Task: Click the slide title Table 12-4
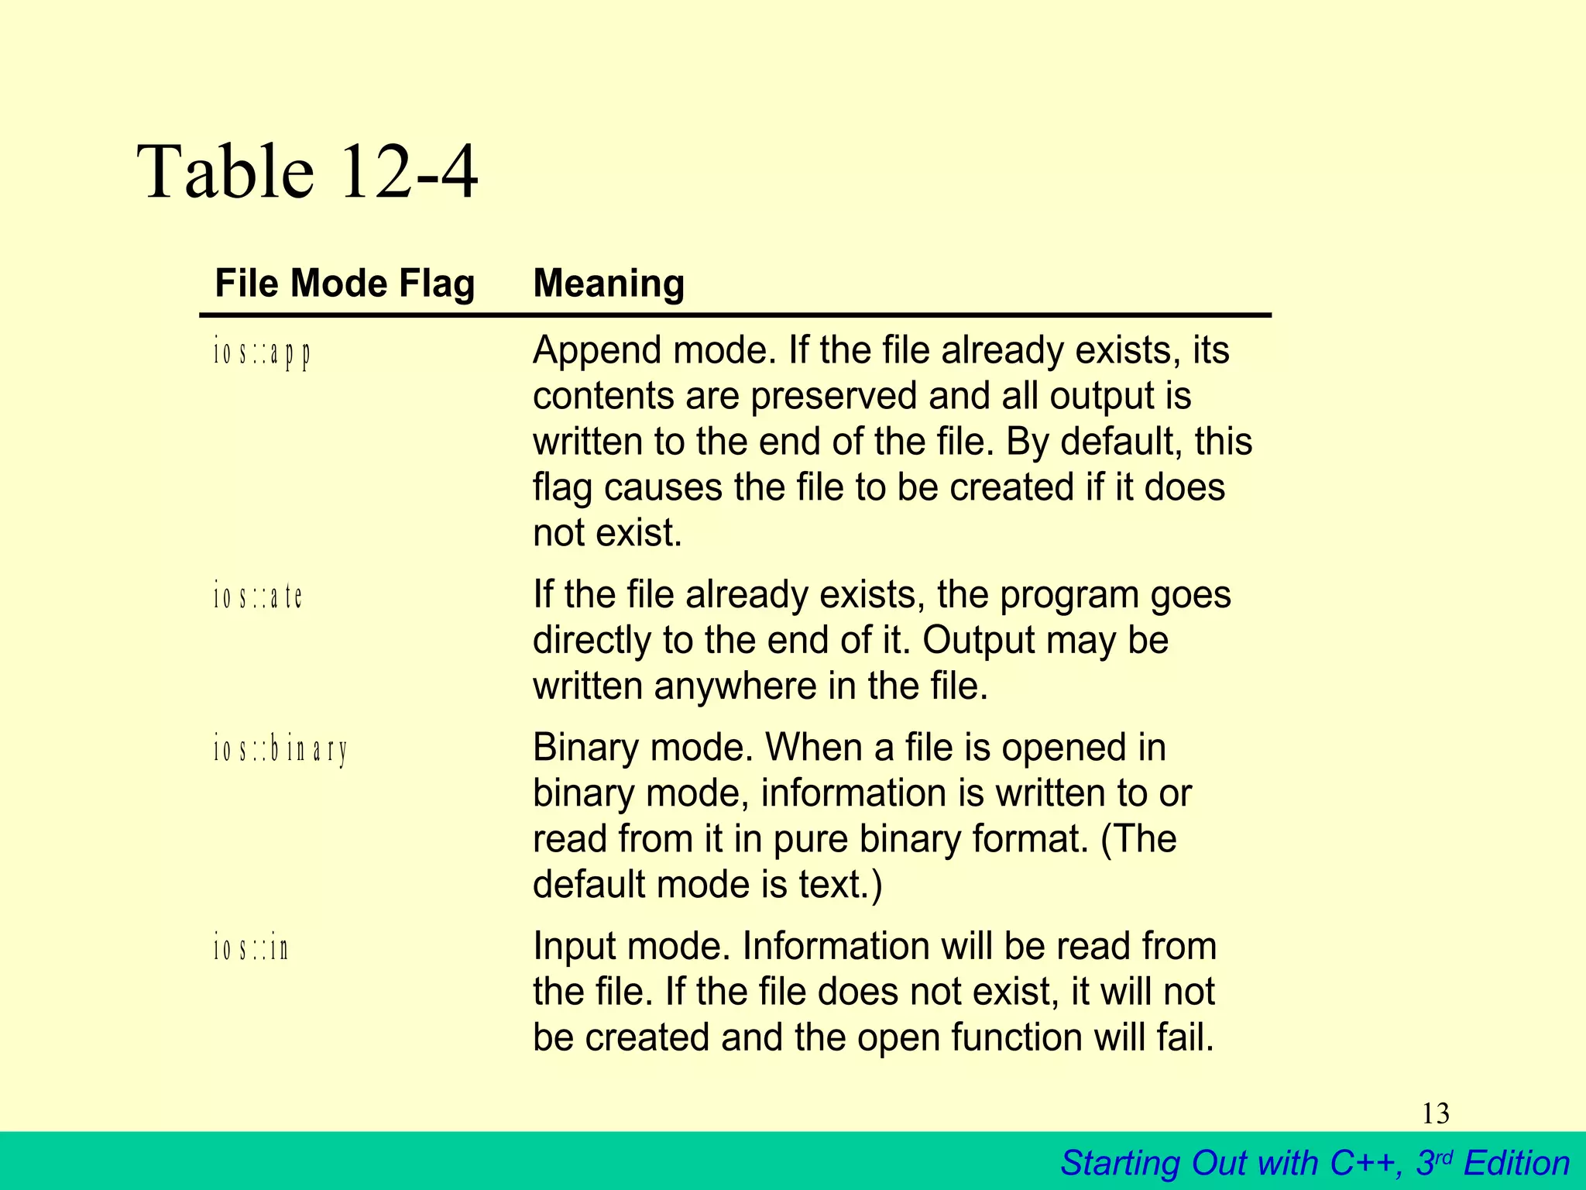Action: tap(307, 172)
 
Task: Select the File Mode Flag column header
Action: tap(345, 283)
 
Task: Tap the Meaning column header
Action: tap(609, 283)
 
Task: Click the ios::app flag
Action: tap(263, 353)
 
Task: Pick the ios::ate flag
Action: tap(258, 597)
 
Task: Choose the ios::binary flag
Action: tap(280, 750)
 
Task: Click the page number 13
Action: tap(1435, 1114)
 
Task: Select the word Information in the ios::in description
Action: tap(830, 947)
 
